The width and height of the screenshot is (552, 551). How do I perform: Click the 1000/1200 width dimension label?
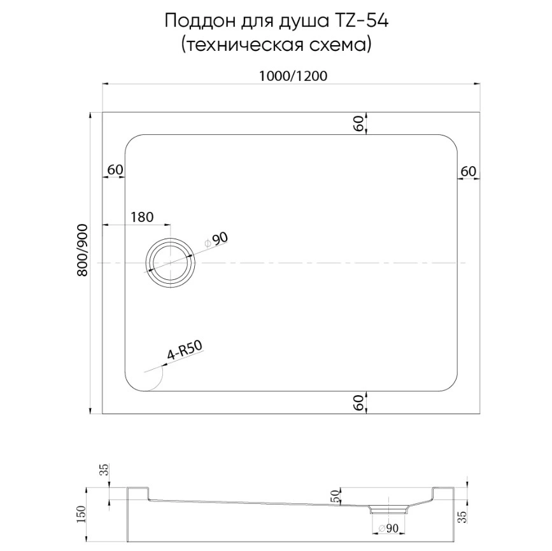[292, 76]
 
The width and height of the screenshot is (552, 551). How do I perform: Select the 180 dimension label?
[142, 217]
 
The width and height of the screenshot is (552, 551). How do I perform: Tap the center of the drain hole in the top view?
[171, 263]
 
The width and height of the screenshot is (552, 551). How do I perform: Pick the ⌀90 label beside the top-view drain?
[216, 241]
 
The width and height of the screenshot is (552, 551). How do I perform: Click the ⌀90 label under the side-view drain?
[388, 527]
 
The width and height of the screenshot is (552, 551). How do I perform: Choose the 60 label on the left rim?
[115, 170]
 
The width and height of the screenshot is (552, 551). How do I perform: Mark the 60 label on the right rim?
[468, 171]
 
